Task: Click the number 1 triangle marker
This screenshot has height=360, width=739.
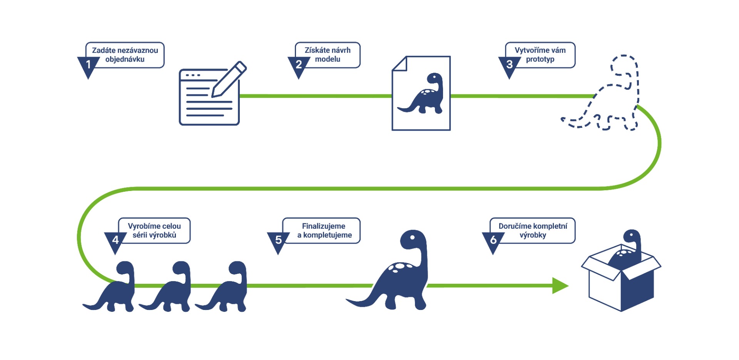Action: [x=88, y=65]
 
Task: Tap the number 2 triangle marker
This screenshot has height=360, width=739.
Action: [x=299, y=65]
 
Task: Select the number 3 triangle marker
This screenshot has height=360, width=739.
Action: [x=509, y=65]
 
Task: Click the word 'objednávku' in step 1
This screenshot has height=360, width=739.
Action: [x=125, y=59]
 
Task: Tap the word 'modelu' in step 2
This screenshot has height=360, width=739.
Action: [x=328, y=59]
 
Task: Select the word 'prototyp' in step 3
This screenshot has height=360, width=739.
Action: [x=540, y=59]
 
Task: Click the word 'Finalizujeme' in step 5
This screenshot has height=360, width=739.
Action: [x=323, y=226]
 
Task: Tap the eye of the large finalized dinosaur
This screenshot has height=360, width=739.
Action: [x=412, y=237]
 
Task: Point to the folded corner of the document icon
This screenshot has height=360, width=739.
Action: [x=400, y=64]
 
